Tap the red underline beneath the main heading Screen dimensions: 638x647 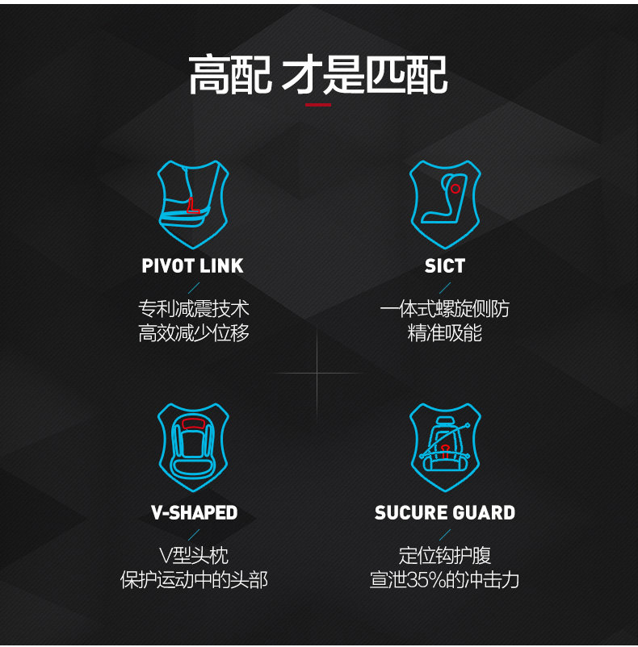(x=317, y=104)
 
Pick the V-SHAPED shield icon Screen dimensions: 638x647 (x=193, y=449)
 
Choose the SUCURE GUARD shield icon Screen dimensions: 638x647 (x=445, y=449)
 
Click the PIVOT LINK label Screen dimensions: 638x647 (x=193, y=266)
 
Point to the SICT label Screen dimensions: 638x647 (x=445, y=266)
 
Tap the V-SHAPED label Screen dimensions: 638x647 (x=194, y=513)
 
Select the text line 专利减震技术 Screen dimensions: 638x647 (x=194, y=309)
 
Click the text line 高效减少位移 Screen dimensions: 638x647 (x=194, y=333)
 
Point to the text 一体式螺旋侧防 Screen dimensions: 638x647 (x=445, y=309)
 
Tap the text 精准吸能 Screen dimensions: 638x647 (x=445, y=333)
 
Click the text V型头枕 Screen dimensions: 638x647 (x=194, y=555)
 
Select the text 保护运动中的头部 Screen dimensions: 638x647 (x=194, y=579)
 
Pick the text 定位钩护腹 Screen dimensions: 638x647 (x=445, y=555)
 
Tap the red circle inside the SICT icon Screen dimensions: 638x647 (x=455, y=189)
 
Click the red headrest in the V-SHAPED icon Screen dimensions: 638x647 (x=193, y=424)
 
